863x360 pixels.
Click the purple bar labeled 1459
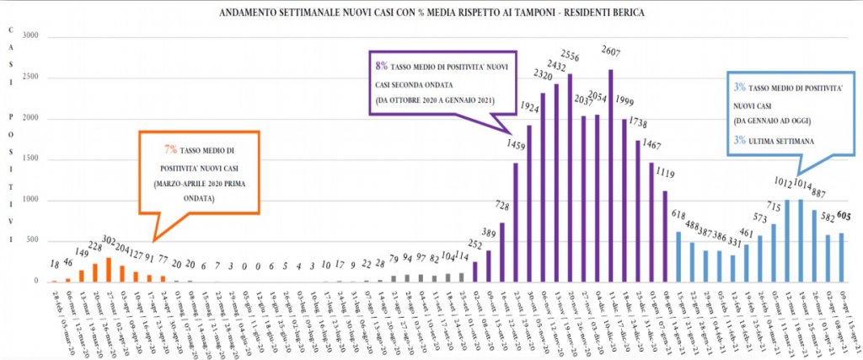515,223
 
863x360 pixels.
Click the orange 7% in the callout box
170,148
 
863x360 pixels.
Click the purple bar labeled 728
501,252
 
